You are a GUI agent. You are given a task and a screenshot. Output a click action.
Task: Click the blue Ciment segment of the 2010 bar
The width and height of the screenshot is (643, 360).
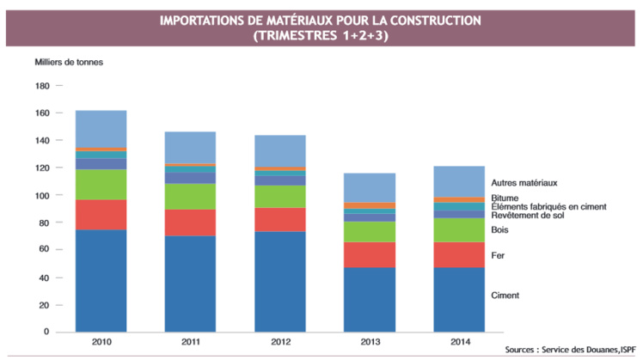[101, 281]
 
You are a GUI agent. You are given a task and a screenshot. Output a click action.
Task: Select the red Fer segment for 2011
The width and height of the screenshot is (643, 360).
[190, 223]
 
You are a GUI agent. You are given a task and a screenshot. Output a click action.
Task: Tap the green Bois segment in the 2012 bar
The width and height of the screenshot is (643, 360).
[279, 196]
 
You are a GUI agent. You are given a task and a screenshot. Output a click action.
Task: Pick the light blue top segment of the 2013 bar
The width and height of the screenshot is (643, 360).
[369, 187]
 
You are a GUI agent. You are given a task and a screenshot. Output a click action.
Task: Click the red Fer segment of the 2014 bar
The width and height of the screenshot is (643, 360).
[458, 254]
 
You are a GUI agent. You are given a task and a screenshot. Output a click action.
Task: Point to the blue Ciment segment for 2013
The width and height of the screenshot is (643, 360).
[369, 300]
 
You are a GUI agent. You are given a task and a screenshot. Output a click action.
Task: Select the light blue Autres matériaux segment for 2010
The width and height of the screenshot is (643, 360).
[101, 129]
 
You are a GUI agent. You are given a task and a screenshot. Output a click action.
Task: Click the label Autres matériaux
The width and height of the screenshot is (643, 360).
[524, 183]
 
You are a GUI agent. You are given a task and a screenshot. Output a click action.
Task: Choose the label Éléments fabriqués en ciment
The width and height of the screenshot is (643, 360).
[548, 207]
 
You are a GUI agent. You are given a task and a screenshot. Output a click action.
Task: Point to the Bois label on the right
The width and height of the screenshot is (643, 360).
[499, 229]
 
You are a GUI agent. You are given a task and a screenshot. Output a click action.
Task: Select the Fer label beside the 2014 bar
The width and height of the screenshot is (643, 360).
[498, 255]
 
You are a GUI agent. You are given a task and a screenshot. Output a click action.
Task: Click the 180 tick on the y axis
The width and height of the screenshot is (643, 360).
[42, 86]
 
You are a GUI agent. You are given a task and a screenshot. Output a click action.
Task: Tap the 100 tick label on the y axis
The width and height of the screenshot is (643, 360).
[42, 196]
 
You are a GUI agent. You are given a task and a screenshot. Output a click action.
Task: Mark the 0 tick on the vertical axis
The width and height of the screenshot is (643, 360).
[47, 333]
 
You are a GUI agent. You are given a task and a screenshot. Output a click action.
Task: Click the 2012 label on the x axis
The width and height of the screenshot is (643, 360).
[279, 342]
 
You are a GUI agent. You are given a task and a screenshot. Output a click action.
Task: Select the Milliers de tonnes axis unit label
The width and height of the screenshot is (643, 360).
[69, 63]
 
